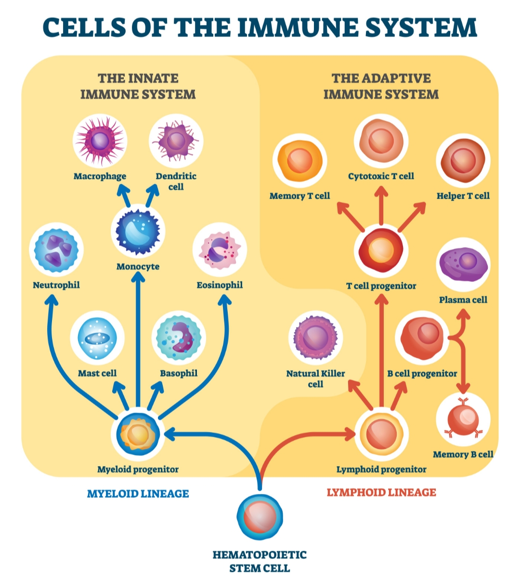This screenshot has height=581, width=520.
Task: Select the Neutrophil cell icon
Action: point(56,250)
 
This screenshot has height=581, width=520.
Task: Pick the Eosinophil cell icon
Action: point(220,250)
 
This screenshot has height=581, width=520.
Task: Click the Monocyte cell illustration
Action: point(138,231)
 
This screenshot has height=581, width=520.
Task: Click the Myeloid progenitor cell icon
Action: point(138,434)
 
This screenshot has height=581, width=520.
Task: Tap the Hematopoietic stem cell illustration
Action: point(260,517)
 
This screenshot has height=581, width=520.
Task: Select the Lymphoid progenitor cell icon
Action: point(381,434)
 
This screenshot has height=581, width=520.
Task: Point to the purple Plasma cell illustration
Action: point(463,264)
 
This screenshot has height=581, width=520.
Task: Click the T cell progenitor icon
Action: point(381,251)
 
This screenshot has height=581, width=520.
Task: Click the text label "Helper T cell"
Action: point(463,196)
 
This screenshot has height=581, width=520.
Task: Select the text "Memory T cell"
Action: point(299,196)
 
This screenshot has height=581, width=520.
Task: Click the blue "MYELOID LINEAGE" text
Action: point(138,493)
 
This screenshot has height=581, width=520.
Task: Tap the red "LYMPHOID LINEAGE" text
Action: point(381,493)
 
